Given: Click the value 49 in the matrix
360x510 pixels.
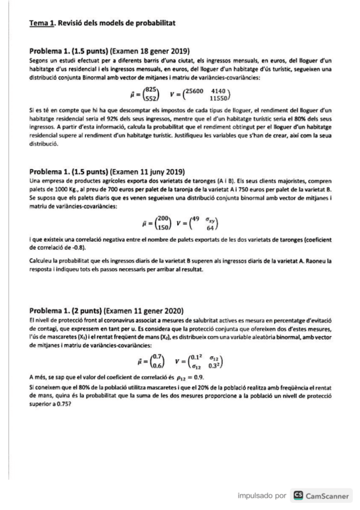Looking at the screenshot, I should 192,218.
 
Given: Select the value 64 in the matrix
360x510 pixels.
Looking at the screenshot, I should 210,228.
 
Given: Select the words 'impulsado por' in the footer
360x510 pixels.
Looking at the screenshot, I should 261,496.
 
